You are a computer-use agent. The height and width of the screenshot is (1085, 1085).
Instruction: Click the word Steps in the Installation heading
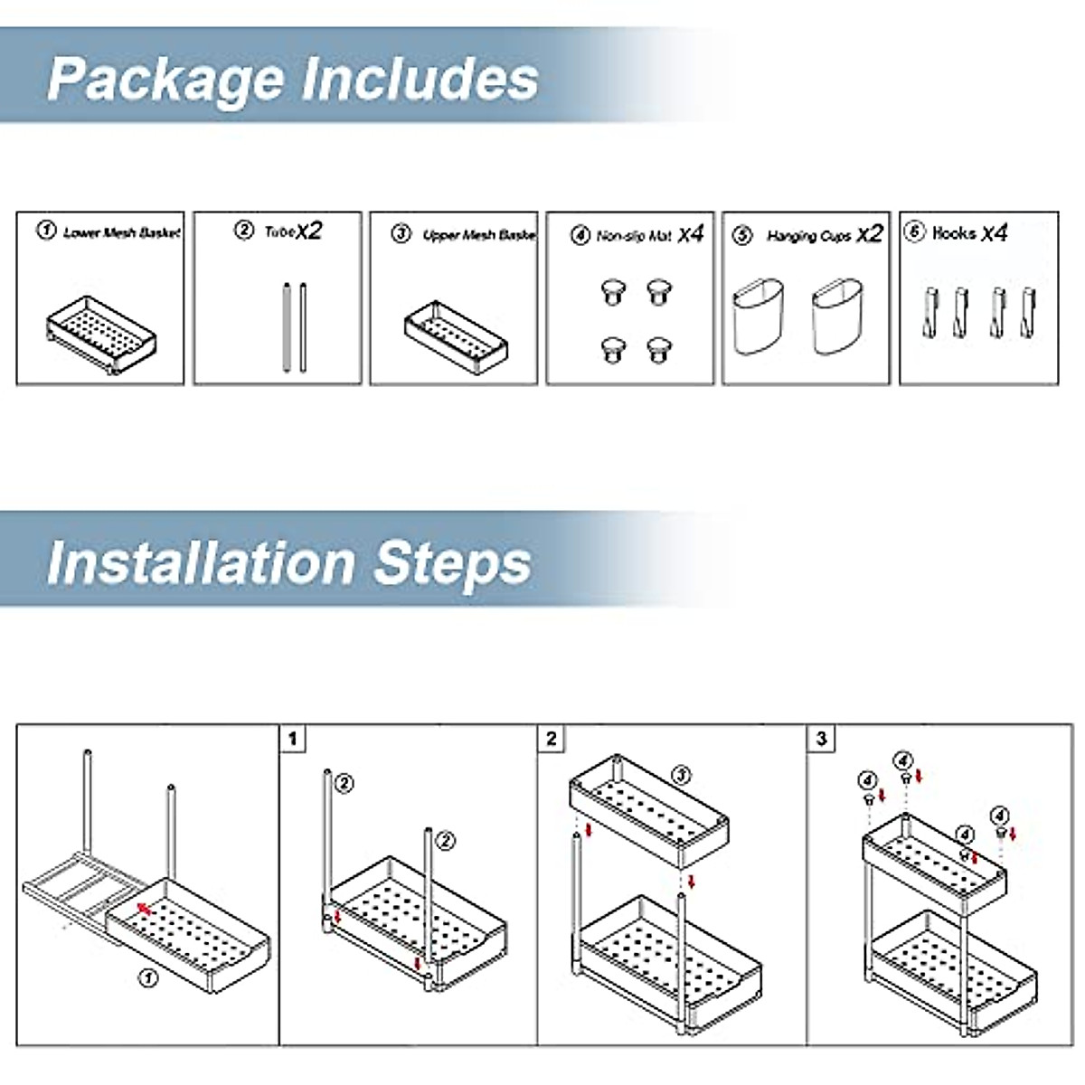click(x=452, y=562)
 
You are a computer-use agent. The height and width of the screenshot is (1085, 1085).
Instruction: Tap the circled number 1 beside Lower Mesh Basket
click(x=46, y=231)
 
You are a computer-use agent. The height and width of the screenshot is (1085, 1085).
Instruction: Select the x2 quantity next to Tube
click(x=309, y=231)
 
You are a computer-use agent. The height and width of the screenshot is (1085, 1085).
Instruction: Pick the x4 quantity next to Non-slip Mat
click(x=690, y=234)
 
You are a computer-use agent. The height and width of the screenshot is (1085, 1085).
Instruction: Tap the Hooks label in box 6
click(x=954, y=233)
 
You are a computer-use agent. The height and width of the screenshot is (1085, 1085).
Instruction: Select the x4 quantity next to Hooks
click(x=994, y=233)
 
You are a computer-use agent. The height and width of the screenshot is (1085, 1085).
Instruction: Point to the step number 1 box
click(x=292, y=739)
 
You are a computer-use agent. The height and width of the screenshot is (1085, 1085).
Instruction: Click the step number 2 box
click(x=552, y=739)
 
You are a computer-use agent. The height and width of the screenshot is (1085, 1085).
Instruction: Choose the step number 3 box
click(x=821, y=739)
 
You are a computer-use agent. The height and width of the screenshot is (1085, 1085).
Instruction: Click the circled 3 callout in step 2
click(x=681, y=775)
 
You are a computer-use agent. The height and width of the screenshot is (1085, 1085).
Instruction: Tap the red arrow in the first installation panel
click(x=142, y=907)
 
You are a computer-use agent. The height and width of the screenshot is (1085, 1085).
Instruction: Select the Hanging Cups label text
click(x=808, y=236)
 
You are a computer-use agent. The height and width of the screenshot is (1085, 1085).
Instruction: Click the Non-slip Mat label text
click(x=634, y=236)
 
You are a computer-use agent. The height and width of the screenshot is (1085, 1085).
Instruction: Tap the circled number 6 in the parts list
click(x=915, y=232)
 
